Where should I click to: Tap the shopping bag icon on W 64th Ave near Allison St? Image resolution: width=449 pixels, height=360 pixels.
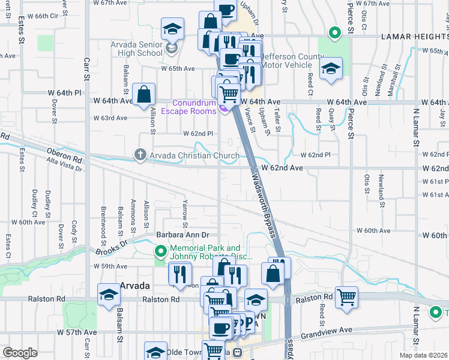[144, 94]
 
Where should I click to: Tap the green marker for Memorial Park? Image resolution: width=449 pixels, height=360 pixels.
[160, 251]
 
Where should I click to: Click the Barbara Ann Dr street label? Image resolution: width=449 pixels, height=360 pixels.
[182, 235]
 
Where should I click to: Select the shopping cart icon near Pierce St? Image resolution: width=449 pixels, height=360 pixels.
[347, 296]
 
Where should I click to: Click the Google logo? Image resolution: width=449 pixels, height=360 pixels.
[20, 353]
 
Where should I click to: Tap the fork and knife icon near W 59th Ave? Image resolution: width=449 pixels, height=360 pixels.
[179, 274]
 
